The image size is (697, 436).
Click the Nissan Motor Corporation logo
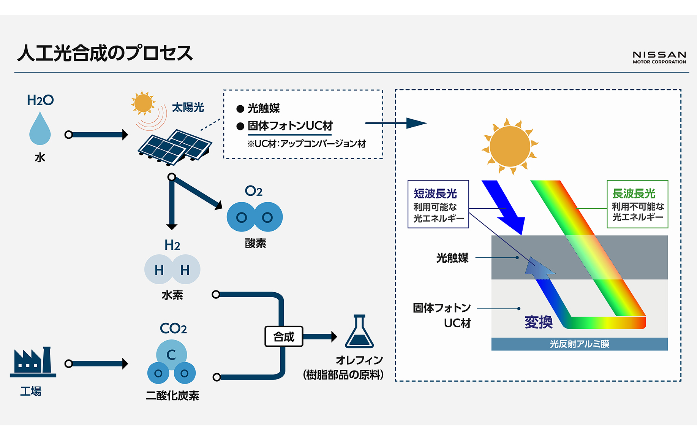(659, 57)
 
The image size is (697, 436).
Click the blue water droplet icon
(40, 129)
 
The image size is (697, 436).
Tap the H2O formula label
(40, 100)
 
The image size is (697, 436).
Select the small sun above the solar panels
(143, 103)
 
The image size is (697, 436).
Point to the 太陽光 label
(188, 108)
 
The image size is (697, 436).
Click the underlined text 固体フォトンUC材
(290, 126)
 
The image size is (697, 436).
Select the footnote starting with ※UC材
(306, 144)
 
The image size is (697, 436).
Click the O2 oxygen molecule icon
(254, 217)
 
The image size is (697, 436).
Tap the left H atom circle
(159, 270)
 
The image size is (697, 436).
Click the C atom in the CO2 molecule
(171, 354)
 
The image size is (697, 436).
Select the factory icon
(33, 362)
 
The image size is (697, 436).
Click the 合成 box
(284, 336)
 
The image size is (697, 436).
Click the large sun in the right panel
(510, 146)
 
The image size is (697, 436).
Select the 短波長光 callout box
(438, 204)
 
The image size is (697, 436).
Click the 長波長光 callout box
(637, 204)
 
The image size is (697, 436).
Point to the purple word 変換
(538, 322)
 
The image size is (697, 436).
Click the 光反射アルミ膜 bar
(579, 344)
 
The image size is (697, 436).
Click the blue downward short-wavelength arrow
(505, 207)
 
